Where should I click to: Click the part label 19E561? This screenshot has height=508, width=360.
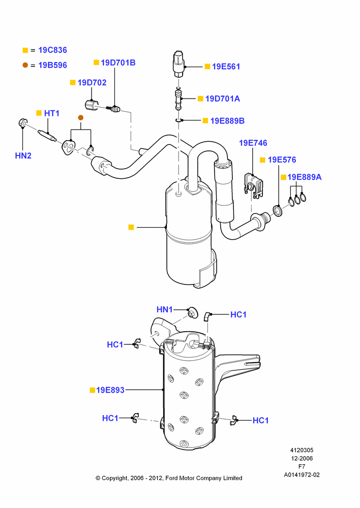click(x=226, y=67)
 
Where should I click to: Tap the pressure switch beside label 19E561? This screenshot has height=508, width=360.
click(x=179, y=63)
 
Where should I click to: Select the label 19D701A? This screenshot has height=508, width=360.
click(x=223, y=99)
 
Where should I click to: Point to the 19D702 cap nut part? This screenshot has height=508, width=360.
click(x=91, y=105)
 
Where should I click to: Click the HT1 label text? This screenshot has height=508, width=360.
click(x=51, y=113)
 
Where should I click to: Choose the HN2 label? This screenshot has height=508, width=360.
click(x=23, y=155)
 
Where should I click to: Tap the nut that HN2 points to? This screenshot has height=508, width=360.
click(x=22, y=123)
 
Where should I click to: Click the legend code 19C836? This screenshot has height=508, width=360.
click(x=52, y=50)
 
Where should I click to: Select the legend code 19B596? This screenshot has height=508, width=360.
click(x=52, y=65)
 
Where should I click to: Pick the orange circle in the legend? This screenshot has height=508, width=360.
click(x=25, y=65)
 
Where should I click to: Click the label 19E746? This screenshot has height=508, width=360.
click(x=253, y=143)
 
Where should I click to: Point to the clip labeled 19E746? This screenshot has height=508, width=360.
click(x=254, y=185)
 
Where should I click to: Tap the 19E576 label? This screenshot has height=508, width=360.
click(x=282, y=160)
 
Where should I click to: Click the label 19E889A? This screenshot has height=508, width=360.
click(x=305, y=177)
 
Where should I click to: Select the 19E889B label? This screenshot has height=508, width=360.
click(x=227, y=121)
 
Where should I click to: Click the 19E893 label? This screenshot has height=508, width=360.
click(x=110, y=390)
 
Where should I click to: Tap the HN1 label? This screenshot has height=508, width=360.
click(x=164, y=309)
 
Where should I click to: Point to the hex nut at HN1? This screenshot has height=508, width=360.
click(x=192, y=312)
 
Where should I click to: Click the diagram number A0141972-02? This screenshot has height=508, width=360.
click(x=302, y=475)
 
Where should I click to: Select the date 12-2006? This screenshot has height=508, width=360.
click(x=302, y=458)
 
